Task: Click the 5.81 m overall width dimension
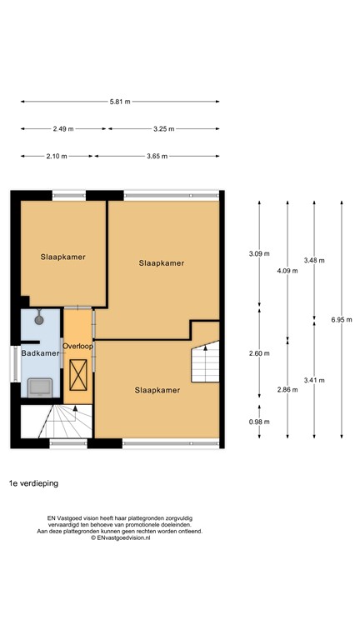(x=120, y=102)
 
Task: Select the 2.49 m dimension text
(x=63, y=129)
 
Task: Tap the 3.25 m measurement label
(x=164, y=129)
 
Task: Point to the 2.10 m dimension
(x=57, y=157)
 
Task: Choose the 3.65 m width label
(x=157, y=157)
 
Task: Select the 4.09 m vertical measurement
(x=287, y=271)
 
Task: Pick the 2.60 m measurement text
(x=260, y=353)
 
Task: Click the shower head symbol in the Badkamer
(x=38, y=317)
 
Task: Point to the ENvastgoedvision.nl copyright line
(x=120, y=538)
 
